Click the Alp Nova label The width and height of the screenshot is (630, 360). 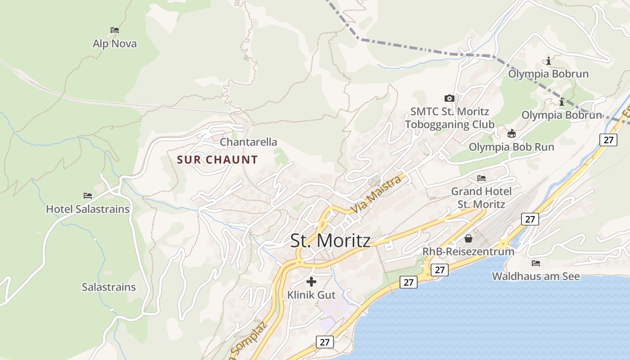tap(114, 44)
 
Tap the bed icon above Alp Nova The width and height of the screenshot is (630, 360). tap(115, 30)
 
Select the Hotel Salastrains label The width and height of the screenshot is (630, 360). tap(88, 209)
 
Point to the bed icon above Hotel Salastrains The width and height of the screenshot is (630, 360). tap(88, 196)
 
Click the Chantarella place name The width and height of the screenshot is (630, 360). tap(248, 142)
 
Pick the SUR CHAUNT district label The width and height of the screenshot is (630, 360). tap(217, 160)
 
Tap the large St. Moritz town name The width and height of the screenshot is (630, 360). tap(330, 240)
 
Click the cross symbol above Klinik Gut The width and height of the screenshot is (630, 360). tap(311, 282)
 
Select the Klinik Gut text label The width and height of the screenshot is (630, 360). tap(311, 295)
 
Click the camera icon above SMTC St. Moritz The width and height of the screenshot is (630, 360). tap(449, 98)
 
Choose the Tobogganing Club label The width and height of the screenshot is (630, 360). tap(450, 124)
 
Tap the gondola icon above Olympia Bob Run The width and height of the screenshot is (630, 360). tap(512, 133)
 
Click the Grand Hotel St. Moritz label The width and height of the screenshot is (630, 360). tap(481, 198)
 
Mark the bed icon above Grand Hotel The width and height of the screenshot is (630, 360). tap(481, 178)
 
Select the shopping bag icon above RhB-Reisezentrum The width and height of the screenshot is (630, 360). tap(468, 238)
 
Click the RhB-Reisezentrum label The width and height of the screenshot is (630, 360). tap(468, 251)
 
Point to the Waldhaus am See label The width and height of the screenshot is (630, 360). tap(536, 276)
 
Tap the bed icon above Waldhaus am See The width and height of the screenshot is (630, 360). tap(535, 263)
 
